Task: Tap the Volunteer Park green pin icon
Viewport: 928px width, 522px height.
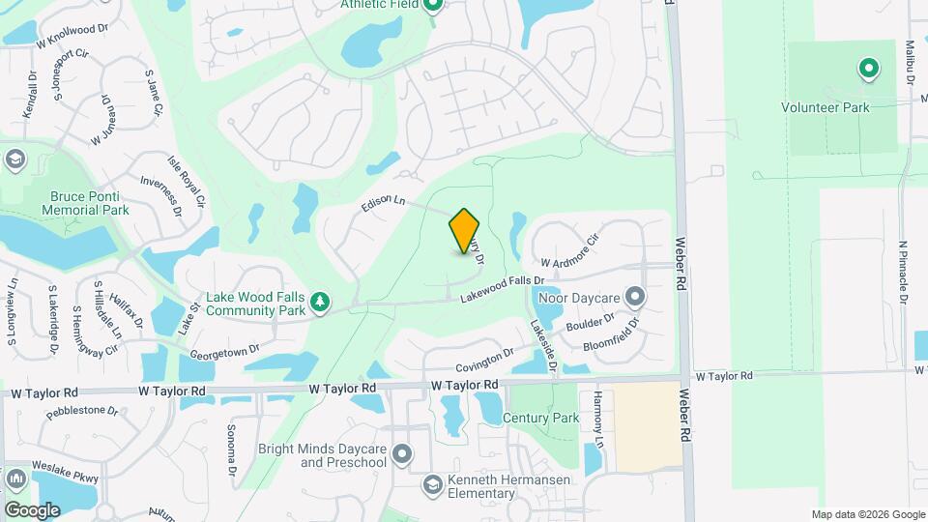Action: point(868,69)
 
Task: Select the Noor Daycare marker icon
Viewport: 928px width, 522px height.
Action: point(635,295)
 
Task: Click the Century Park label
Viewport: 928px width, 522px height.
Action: point(540,418)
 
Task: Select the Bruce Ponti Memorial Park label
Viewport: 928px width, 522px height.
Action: point(89,202)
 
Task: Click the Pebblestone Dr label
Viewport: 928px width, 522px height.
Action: point(82,411)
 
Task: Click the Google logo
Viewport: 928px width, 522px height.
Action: point(32,509)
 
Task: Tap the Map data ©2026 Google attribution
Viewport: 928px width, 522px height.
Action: point(868,514)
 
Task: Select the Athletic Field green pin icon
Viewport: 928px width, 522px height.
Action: point(433,5)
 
